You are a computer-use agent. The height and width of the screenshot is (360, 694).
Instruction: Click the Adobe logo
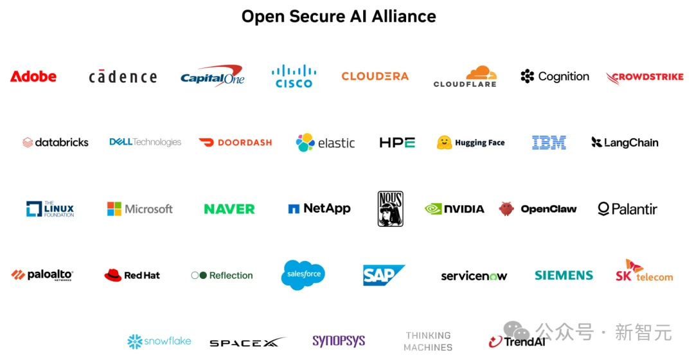pyautogui.click(x=33, y=76)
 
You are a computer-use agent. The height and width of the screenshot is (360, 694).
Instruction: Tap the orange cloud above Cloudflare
pyautogui.click(x=481, y=72)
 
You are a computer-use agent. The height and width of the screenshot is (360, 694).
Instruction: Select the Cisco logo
pyautogui.click(x=294, y=76)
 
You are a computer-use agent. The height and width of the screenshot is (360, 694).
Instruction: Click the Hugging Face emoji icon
pyautogui.click(x=444, y=143)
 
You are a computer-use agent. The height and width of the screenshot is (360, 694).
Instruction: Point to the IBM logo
pyautogui.click(x=549, y=143)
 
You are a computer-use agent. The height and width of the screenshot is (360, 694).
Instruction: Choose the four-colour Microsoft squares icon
pyautogui.click(x=114, y=209)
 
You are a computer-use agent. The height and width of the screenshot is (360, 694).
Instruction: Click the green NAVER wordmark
pyautogui.click(x=229, y=209)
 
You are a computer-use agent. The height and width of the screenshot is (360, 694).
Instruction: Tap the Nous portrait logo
pyautogui.click(x=391, y=208)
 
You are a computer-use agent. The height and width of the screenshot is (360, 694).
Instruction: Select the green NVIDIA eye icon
pyautogui.click(x=433, y=208)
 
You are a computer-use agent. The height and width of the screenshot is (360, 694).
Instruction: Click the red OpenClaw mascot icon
pyautogui.click(x=506, y=208)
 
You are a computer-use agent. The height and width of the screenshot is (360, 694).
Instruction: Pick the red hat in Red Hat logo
pyautogui.click(x=113, y=275)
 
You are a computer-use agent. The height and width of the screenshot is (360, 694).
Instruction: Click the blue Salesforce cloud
pyautogui.click(x=303, y=274)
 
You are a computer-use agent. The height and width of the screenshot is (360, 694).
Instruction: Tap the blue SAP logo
pyautogui.click(x=384, y=275)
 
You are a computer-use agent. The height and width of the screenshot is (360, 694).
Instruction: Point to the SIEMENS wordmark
pyautogui.click(x=564, y=275)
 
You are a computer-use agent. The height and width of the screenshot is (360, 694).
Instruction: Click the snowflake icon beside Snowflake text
pyautogui.click(x=134, y=341)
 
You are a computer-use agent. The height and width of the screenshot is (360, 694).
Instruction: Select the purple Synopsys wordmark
pyautogui.click(x=339, y=341)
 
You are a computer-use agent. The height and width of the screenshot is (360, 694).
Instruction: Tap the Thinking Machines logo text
pyautogui.click(x=428, y=341)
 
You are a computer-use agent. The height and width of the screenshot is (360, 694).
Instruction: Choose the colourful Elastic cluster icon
pyautogui.click(x=305, y=143)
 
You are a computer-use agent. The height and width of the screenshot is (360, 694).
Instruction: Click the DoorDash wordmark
pyautogui.click(x=245, y=143)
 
